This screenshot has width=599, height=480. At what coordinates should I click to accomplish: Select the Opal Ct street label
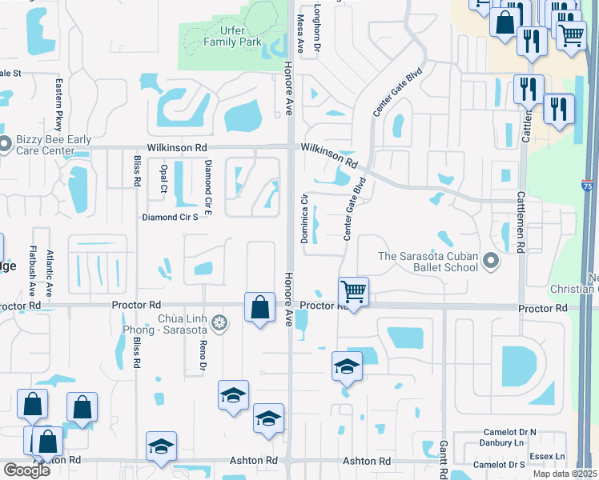(163, 178)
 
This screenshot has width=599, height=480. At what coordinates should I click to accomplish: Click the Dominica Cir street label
(304, 218)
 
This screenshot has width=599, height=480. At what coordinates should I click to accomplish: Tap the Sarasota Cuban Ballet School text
(428, 262)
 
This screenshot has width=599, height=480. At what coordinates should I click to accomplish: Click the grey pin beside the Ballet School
(491, 261)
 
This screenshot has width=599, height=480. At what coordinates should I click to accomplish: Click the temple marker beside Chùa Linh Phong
(220, 323)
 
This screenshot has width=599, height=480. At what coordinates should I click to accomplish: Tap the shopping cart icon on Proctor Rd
(353, 291)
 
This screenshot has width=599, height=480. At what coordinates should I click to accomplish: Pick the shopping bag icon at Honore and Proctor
(259, 307)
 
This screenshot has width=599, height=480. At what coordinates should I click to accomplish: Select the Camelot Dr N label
(505, 432)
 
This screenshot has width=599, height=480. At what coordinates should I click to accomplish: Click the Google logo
(26, 470)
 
